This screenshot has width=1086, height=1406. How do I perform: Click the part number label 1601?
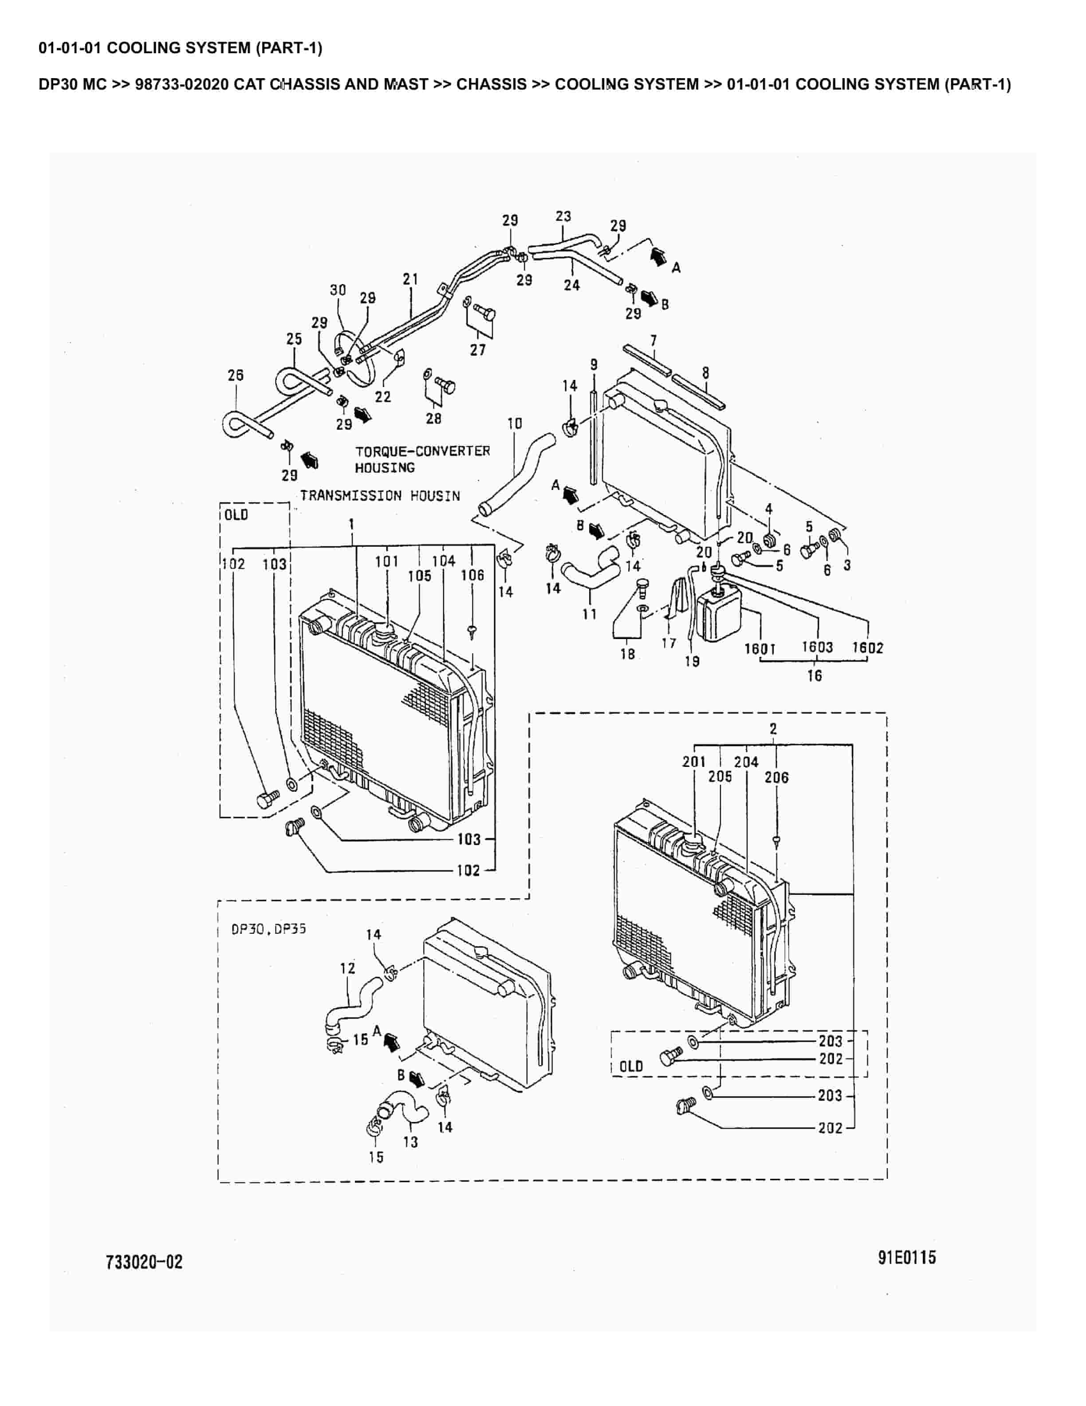tap(760, 648)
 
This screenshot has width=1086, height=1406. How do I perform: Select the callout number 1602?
tap(867, 648)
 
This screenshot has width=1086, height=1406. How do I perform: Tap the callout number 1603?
tap(817, 647)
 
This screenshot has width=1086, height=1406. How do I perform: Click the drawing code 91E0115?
tap(906, 1257)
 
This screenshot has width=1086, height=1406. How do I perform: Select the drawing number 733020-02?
tap(144, 1262)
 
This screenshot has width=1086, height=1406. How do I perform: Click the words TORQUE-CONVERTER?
tap(423, 450)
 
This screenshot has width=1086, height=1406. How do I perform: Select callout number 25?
tap(294, 339)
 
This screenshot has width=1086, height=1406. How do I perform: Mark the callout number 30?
tap(338, 290)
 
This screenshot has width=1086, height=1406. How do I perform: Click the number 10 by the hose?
tap(515, 423)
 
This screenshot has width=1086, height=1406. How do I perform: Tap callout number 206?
tap(776, 777)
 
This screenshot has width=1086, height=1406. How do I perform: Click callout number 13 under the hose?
tap(410, 1142)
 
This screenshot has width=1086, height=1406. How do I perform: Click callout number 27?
tap(477, 350)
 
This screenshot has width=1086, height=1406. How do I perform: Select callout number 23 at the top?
tap(563, 216)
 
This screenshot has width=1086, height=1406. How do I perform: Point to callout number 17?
tap(669, 643)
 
